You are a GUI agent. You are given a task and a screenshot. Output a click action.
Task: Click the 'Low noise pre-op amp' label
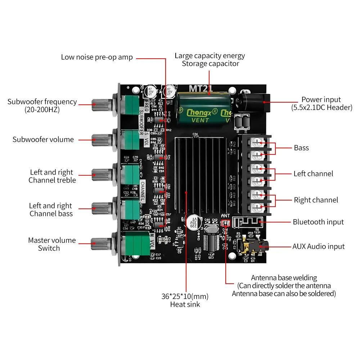point(97,57)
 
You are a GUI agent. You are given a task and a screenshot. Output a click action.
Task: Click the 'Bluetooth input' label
point(318,222)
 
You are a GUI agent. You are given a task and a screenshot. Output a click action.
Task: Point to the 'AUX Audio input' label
point(318,247)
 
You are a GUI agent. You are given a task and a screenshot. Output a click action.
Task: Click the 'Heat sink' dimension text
point(185,300)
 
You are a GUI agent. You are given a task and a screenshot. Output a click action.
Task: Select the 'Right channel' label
point(316,200)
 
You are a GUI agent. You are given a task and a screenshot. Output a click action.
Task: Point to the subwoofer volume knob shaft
point(100,139)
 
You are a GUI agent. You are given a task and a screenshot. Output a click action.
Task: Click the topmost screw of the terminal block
point(257,143)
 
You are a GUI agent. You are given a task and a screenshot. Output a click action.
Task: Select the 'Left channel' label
point(313,174)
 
